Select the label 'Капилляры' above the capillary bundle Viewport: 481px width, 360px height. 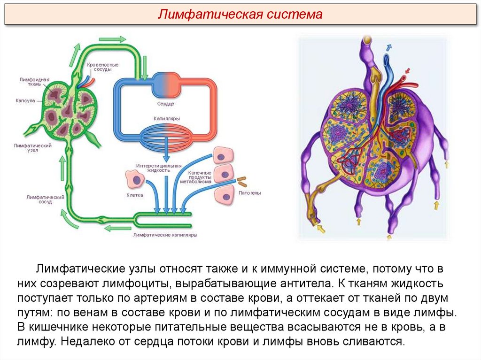click(166, 119)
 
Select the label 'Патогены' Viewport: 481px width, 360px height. click(249, 193)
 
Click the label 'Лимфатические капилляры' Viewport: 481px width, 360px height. click(165, 234)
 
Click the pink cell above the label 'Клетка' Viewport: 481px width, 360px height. click(134, 180)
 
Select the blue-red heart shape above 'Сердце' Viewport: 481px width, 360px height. click(165, 84)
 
